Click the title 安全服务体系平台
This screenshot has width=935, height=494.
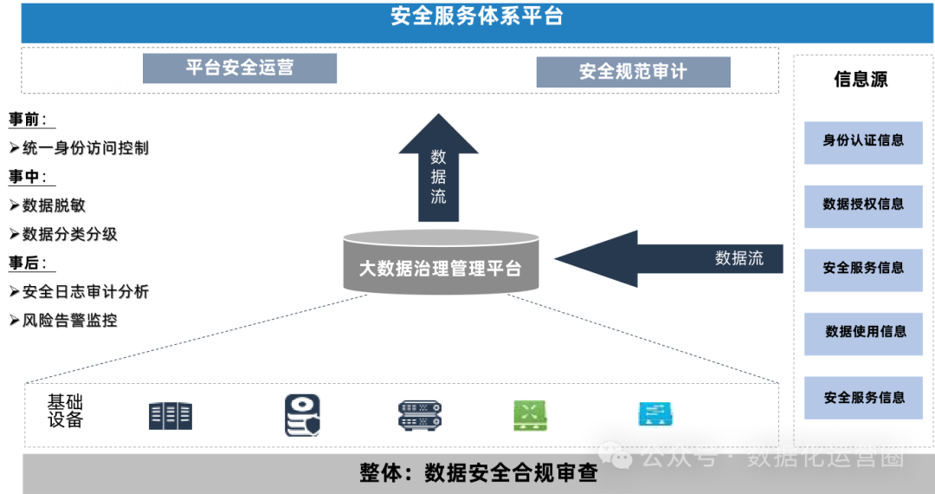tap(476, 16)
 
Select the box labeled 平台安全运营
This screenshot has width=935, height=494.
tap(240, 68)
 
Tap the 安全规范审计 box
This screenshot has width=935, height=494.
tap(633, 72)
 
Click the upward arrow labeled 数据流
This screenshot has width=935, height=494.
tap(439, 173)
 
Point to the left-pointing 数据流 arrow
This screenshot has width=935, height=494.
tap(667, 258)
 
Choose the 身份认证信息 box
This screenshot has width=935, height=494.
tap(863, 140)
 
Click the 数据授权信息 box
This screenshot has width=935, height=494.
tap(863, 205)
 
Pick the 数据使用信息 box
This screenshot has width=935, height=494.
tap(865, 332)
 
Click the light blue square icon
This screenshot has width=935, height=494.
tap(655, 415)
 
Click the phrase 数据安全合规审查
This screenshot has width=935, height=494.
tap(511, 473)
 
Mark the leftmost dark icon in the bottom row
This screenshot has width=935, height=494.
tap(171, 416)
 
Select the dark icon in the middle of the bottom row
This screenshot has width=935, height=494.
tap(420, 416)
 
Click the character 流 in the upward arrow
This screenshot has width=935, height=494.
tap(439, 196)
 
